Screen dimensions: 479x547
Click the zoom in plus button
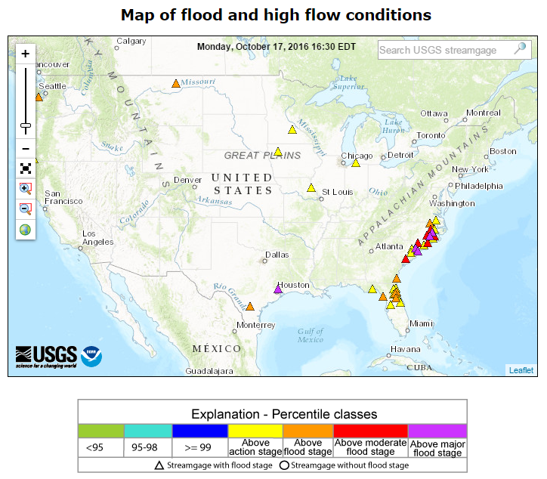point(25,54)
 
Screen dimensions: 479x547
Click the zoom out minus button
point(25,149)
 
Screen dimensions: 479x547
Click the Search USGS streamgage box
point(446,50)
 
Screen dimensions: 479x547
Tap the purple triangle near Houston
point(278,289)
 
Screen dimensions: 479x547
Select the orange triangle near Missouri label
point(175,83)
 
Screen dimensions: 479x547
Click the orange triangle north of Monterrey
point(250,307)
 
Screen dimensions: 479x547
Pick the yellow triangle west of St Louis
point(311,188)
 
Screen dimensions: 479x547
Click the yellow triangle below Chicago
point(356,163)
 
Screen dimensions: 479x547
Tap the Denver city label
point(187,180)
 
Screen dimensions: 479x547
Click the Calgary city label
point(131,42)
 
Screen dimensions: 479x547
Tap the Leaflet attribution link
point(521,370)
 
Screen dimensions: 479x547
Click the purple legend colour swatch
point(437,431)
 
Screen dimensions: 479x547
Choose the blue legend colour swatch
point(199,431)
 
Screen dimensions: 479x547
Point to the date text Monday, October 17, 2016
point(276,46)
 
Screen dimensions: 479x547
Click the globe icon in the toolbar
point(25,230)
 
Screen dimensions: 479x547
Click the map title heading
point(276,15)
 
